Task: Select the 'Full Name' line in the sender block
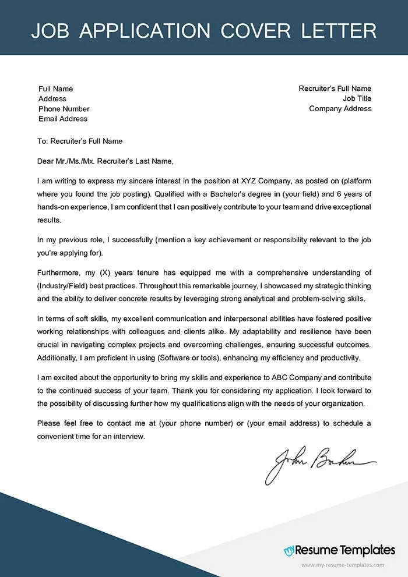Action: (55, 89)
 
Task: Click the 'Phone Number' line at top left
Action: (64, 109)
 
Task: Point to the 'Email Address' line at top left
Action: (62, 119)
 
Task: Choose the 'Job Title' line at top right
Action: (357, 99)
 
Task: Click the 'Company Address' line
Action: (340, 109)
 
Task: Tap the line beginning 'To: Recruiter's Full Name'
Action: (80, 141)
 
